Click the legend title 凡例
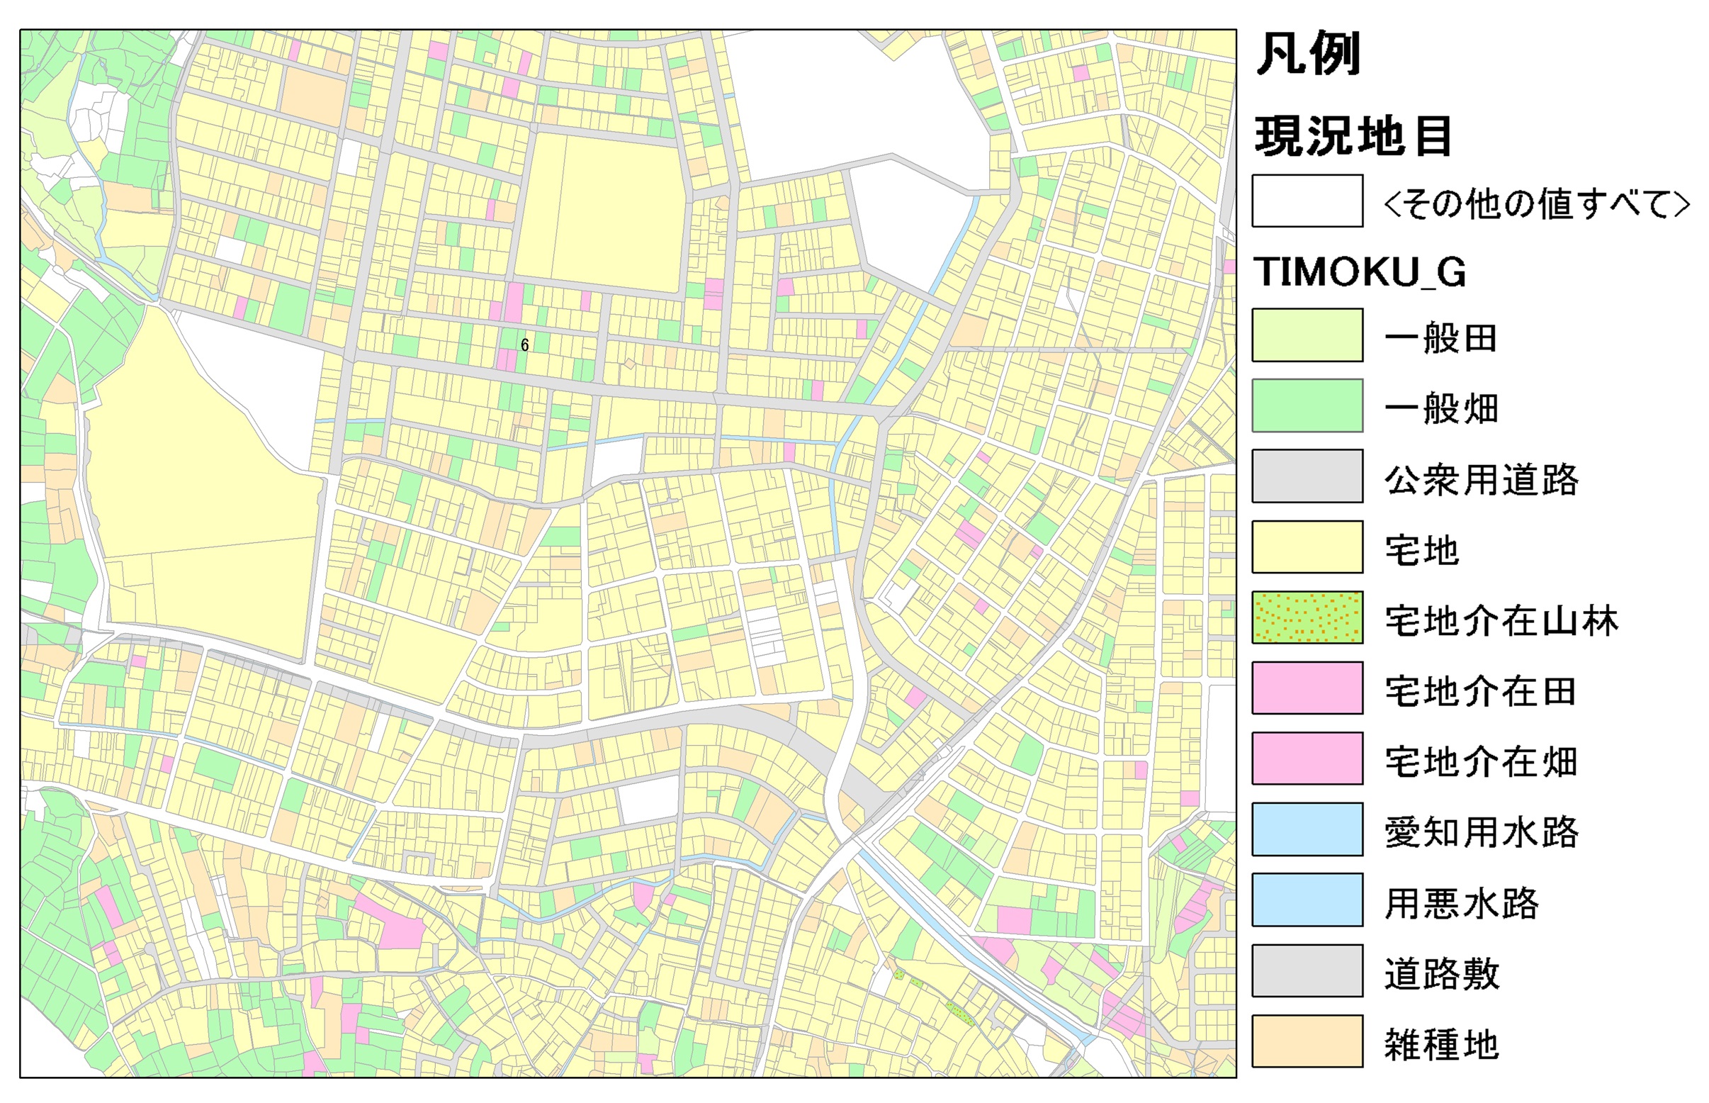click(x=1308, y=54)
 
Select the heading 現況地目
click(x=1353, y=135)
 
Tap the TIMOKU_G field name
click(x=1360, y=272)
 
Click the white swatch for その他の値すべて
click(x=1307, y=201)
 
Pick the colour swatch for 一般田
click(x=1307, y=335)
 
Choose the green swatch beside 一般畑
click(x=1307, y=405)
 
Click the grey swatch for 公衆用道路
click(x=1307, y=476)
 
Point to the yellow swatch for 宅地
click(x=1307, y=547)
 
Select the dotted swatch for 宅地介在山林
click(x=1307, y=617)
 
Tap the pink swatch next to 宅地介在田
click(x=1307, y=688)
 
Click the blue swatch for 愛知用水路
click(x=1307, y=829)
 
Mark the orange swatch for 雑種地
click(x=1307, y=1041)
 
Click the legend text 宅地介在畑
click(x=1481, y=761)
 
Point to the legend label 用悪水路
click(x=1461, y=902)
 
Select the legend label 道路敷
click(x=1441, y=973)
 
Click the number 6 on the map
click(x=525, y=345)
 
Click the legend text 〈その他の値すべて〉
click(x=1537, y=203)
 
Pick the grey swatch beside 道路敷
click(x=1307, y=970)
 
